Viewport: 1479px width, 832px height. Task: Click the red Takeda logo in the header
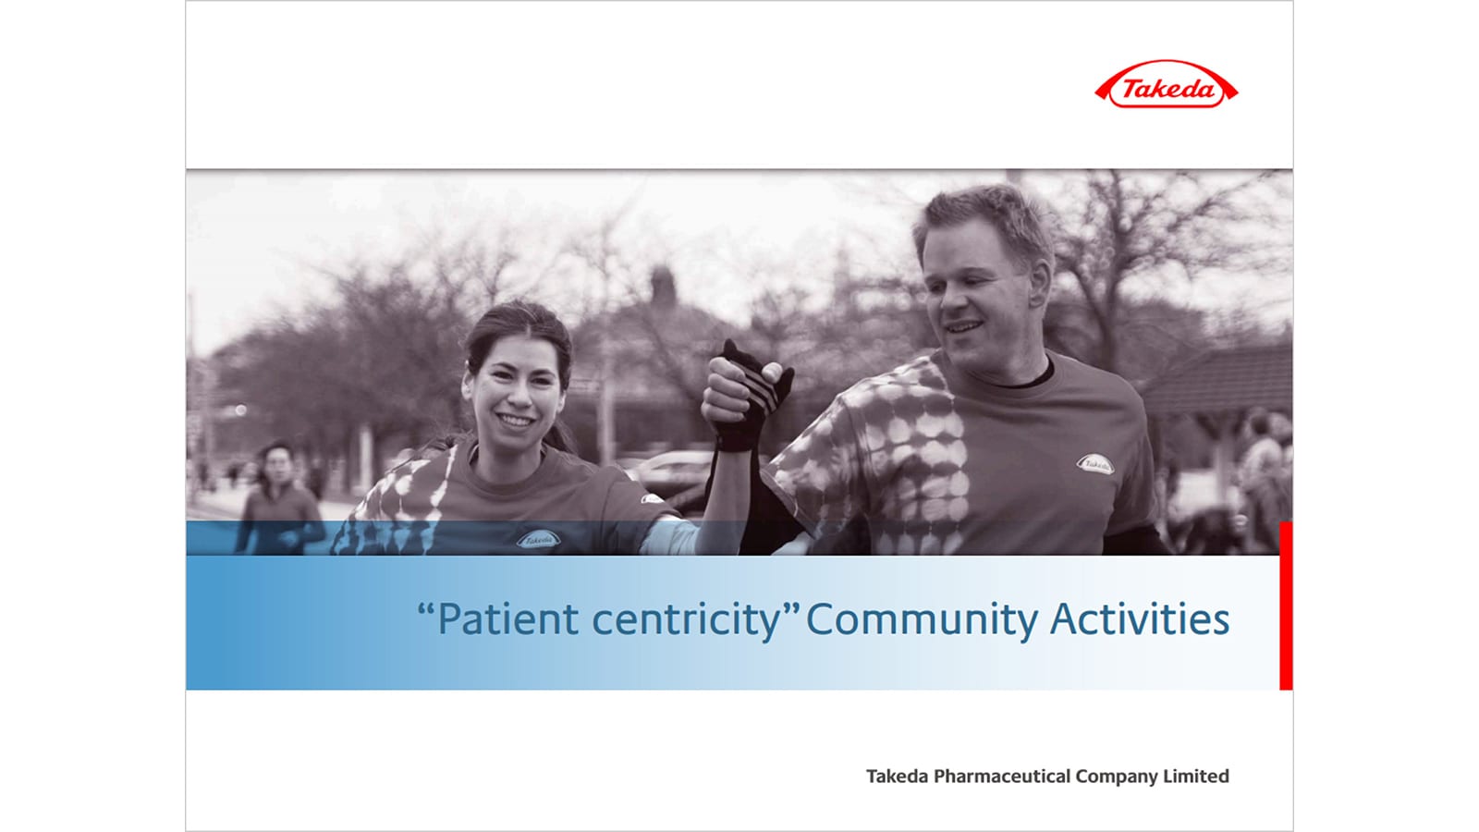1166,84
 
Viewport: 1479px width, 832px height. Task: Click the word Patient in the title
507,619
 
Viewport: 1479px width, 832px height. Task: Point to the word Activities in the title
1140,618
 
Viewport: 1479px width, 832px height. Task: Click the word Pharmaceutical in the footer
1002,776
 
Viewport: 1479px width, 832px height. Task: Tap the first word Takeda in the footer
897,776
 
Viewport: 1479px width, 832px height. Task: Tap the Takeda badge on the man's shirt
1095,464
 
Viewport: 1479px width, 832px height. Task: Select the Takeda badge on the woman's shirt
538,539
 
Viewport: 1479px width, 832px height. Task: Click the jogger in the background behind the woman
280,498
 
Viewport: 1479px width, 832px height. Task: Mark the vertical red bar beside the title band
1286,606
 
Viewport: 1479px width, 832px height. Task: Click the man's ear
1039,283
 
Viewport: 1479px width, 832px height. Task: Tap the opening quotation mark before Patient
426,607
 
